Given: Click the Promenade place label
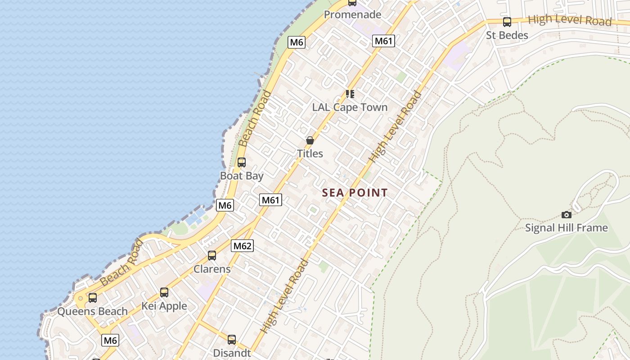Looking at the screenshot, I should pyautogui.click(x=352, y=15).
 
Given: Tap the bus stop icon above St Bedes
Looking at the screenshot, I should pyautogui.click(x=507, y=22).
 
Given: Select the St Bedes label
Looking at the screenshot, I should pyautogui.click(x=507, y=35).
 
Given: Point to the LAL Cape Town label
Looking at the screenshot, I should pyautogui.click(x=350, y=107).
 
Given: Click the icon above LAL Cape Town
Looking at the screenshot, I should pyautogui.click(x=350, y=94).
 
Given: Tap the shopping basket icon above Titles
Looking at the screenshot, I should pyautogui.click(x=310, y=140).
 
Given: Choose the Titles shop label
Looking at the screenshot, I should pyautogui.click(x=310, y=153).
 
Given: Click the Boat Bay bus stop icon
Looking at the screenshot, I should pyautogui.click(x=242, y=162).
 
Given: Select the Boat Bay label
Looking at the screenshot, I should pyautogui.click(x=242, y=175).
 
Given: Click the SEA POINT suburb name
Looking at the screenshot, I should pyautogui.click(x=355, y=193).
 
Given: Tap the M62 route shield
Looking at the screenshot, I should pyautogui.click(x=242, y=246).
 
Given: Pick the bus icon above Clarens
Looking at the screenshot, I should pyautogui.click(x=212, y=256).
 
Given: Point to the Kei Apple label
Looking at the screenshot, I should pyautogui.click(x=164, y=306).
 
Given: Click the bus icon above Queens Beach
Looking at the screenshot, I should pyautogui.click(x=93, y=298).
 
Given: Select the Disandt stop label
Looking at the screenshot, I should pyautogui.click(x=232, y=353).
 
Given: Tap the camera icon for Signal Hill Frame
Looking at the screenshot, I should pyautogui.click(x=567, y=215).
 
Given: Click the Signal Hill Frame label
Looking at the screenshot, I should pyautogui.click(x=567, y=228).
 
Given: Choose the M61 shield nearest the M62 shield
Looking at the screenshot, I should pyautogui.click(x=270, y=200).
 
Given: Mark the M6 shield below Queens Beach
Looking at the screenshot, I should pyautogui.click(x=110, y=340).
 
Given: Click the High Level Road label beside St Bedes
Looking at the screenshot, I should pyautogui.click(x=570, y=20).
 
